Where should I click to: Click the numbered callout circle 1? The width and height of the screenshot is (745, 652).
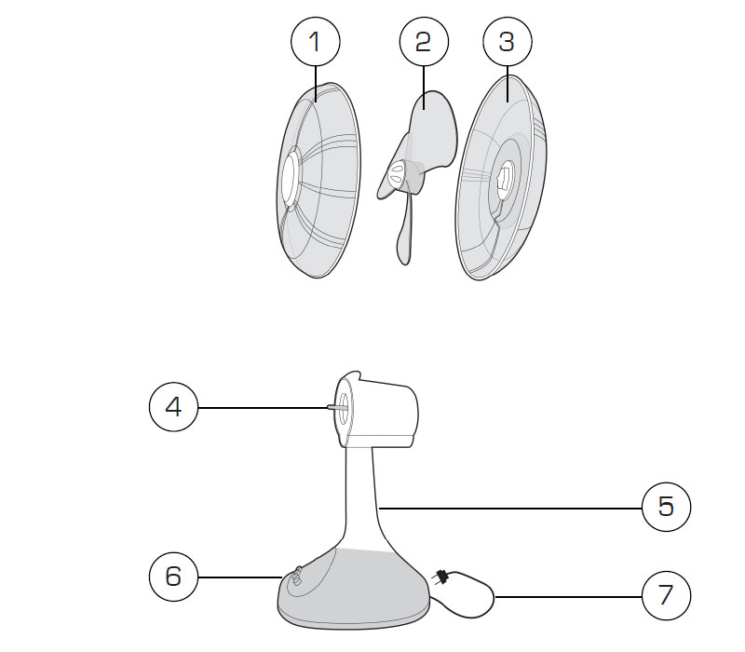pyautogui.click(x=316, y=42)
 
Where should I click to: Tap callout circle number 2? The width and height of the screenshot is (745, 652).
pyautogui.click(x=424, y=42)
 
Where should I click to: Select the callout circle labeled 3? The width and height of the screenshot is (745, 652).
pyautogui.click(x=508, y=42)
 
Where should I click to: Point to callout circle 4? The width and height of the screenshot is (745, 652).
pyautogui.click(x=174, y=407)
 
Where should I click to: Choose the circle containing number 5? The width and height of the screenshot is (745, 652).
pyautogui.click(x=666, y=507)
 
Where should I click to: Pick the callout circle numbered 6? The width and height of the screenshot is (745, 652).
pyautogui.click(x=174, y=577)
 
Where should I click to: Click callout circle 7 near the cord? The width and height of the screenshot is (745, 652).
pyautogui.click(x=666, y=595)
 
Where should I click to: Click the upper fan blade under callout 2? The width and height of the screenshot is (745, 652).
pyautogui.click(x=431, y=129)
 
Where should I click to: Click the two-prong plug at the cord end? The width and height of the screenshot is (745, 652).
pyautogui.click(x=440, y=577)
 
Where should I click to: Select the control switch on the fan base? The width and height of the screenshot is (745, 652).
pyautogui.click(x=296, y=577)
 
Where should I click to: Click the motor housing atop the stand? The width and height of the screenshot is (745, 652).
pyautogui.click(x=377, y=411)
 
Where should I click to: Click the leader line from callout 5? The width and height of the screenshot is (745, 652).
pyautogui.click(x=510, y=508)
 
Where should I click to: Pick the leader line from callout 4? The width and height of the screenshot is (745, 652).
pyautogui.click(x=263, y=407)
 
